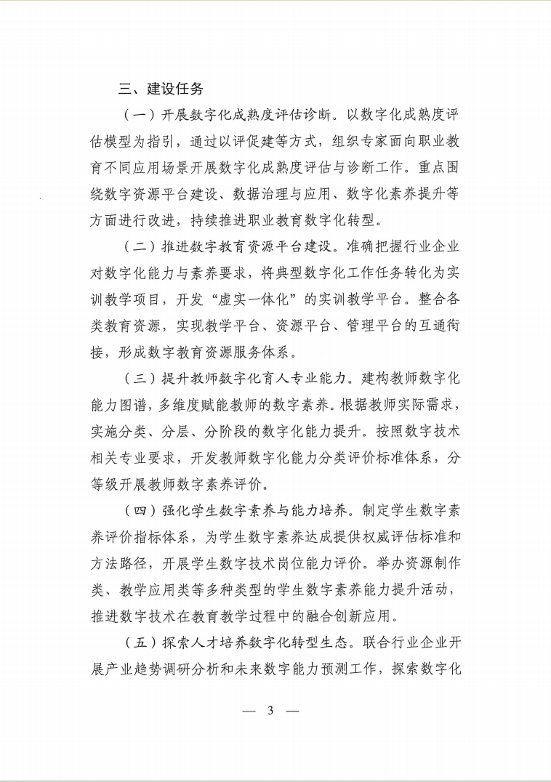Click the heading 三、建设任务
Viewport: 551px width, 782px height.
tap(161, 89)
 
